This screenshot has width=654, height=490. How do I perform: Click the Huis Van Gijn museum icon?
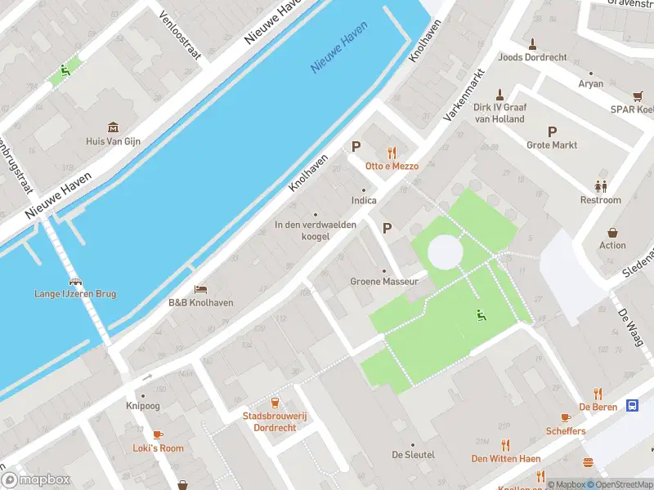coord(113,127)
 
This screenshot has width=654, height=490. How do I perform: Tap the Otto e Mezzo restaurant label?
coord(392,166)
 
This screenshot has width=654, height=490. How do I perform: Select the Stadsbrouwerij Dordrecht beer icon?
coord(275,403)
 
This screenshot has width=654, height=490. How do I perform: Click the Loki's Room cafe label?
coord(158,448)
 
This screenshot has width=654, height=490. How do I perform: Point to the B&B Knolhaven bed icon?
coord(200,289)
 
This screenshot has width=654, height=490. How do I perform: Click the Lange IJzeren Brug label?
coord(75,294)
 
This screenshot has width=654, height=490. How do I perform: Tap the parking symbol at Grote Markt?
coord(552,131)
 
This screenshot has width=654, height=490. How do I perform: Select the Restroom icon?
coord(601,186)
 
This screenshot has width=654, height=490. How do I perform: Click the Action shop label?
coord(612,245)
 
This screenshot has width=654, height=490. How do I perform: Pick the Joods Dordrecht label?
coord(532,58)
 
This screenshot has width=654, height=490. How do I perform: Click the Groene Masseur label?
coord(384,282)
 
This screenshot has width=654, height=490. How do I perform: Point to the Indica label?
coord(364,200)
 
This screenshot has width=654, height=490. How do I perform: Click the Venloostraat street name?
coord(180,36)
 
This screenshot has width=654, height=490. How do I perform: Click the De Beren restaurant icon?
coord(598,393)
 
